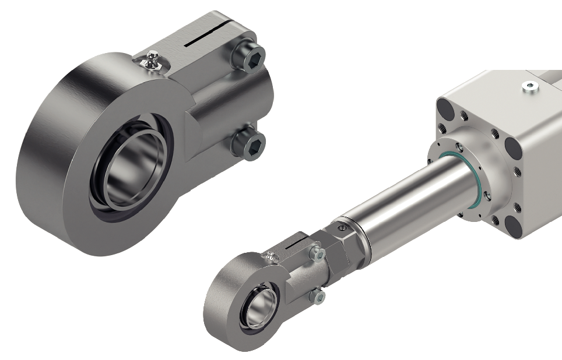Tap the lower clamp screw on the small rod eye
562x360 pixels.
318,297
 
